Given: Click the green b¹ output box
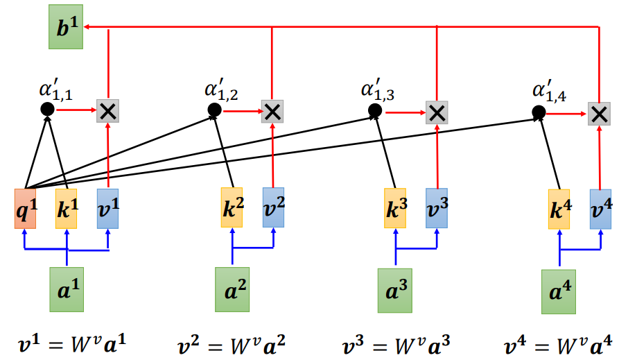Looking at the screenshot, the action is pos(66,27).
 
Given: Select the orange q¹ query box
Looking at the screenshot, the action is pos(25,209).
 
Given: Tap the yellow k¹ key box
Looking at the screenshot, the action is pos(67,209).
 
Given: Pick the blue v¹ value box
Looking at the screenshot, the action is pos(107,209).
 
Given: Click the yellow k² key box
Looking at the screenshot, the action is pos(232,207).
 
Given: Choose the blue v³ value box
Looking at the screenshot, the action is pos(437,208).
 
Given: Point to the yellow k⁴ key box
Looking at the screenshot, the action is pos(559,209).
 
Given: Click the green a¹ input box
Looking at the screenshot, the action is pos(67,290).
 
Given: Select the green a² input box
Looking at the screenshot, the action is pos(232,290).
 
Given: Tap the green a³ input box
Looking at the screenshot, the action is pos(395,291).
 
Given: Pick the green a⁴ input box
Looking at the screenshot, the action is pos(559,292).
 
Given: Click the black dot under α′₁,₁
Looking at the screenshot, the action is pos(48,109).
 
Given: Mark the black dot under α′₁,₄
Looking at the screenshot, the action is pos(539,112).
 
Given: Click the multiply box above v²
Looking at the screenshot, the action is pos(272,112).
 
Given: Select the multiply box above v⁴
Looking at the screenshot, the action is pos(600,114).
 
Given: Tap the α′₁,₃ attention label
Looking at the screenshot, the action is pos(378,89).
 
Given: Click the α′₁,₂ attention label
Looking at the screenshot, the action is pos(221,89).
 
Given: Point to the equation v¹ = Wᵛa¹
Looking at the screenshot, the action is pos(72,344).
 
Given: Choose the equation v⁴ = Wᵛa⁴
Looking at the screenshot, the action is pos(559,345).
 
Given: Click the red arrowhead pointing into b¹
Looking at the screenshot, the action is pos(87,27).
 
